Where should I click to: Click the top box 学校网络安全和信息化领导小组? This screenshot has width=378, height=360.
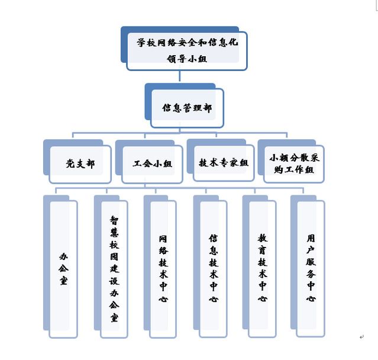tap(186, 51)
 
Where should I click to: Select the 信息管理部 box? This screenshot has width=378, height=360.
tap(187, 108)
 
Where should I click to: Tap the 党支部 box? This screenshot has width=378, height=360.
tap(80, 164)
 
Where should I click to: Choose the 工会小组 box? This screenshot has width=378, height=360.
tap(152, 164)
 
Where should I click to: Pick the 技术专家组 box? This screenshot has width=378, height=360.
tap(224, 163)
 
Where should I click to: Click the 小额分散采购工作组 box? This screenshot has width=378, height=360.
tap(294, 163)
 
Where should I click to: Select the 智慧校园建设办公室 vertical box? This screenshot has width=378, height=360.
tap(114, 269)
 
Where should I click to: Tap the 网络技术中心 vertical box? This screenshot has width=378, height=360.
tap(163, 269)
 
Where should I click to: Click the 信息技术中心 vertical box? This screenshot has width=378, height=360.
tap(213, 269)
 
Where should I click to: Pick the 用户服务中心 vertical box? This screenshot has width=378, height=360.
tap(311, 269)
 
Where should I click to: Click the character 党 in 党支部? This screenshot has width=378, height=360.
tap(70, 164)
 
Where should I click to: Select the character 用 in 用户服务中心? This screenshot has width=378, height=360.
tap(311, 238)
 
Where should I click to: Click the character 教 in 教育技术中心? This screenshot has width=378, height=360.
tap(263, 238)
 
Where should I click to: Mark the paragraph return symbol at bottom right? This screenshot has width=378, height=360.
tap(361, 337)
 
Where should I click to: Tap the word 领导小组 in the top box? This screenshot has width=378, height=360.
tap(187, 58)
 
